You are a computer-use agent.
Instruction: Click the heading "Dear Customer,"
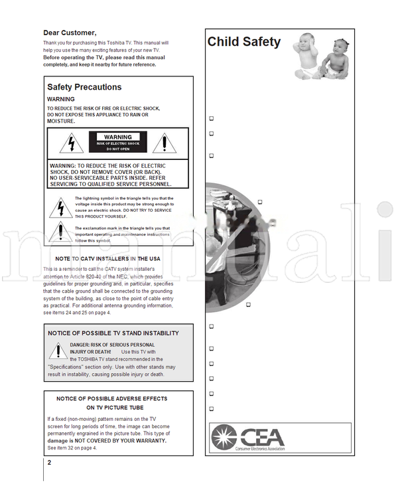click(70, 33)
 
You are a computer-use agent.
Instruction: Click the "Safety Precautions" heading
click(84, 87)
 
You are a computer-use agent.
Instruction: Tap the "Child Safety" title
click(243, 42)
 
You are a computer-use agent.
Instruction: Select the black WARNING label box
click(118, 142)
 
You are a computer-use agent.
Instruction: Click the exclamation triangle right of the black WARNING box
click(163, 143)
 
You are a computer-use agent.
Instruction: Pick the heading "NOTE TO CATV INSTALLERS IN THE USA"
click(107, 258)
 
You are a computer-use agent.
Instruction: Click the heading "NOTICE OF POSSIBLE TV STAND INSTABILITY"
click(113, 333)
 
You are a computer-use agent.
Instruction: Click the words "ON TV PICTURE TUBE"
click(115, 408)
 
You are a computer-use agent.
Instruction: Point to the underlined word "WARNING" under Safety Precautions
click(61, 99)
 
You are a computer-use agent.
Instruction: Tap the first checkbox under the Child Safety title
click(211, 119)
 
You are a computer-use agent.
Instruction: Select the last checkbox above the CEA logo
click(211, 409)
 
